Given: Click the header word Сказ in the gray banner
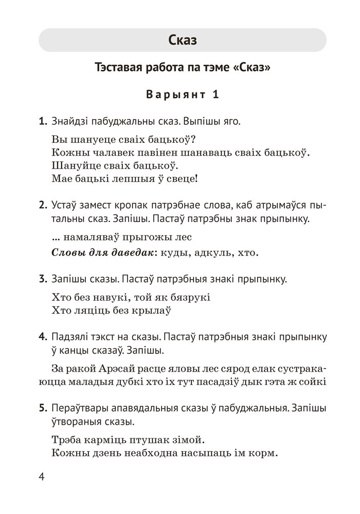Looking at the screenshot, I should click(183, 40).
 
